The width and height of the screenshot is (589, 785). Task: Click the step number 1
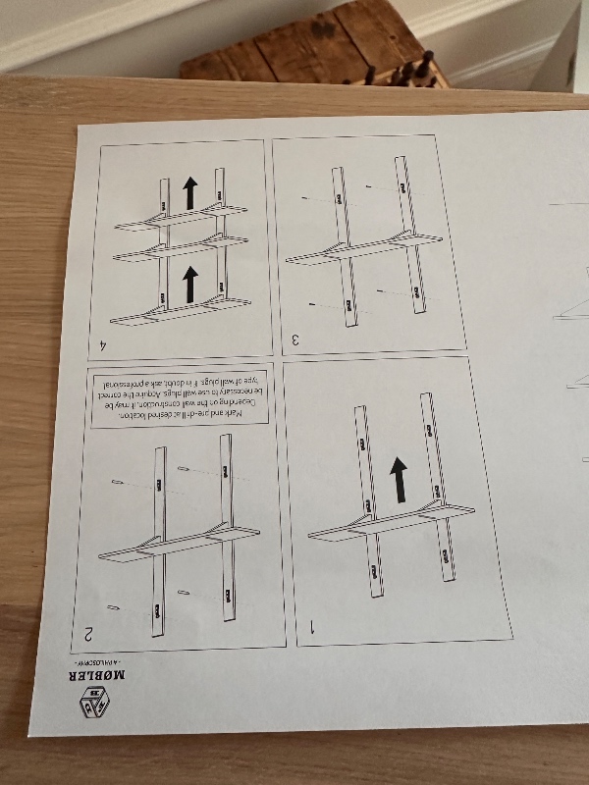pos(313,625)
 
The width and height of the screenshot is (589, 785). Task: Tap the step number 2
pos(88,634)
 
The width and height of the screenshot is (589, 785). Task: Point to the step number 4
pos(104,344)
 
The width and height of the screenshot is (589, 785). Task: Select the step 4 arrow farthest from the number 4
pos(190,193)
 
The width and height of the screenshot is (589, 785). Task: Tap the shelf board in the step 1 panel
pos(393,521)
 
